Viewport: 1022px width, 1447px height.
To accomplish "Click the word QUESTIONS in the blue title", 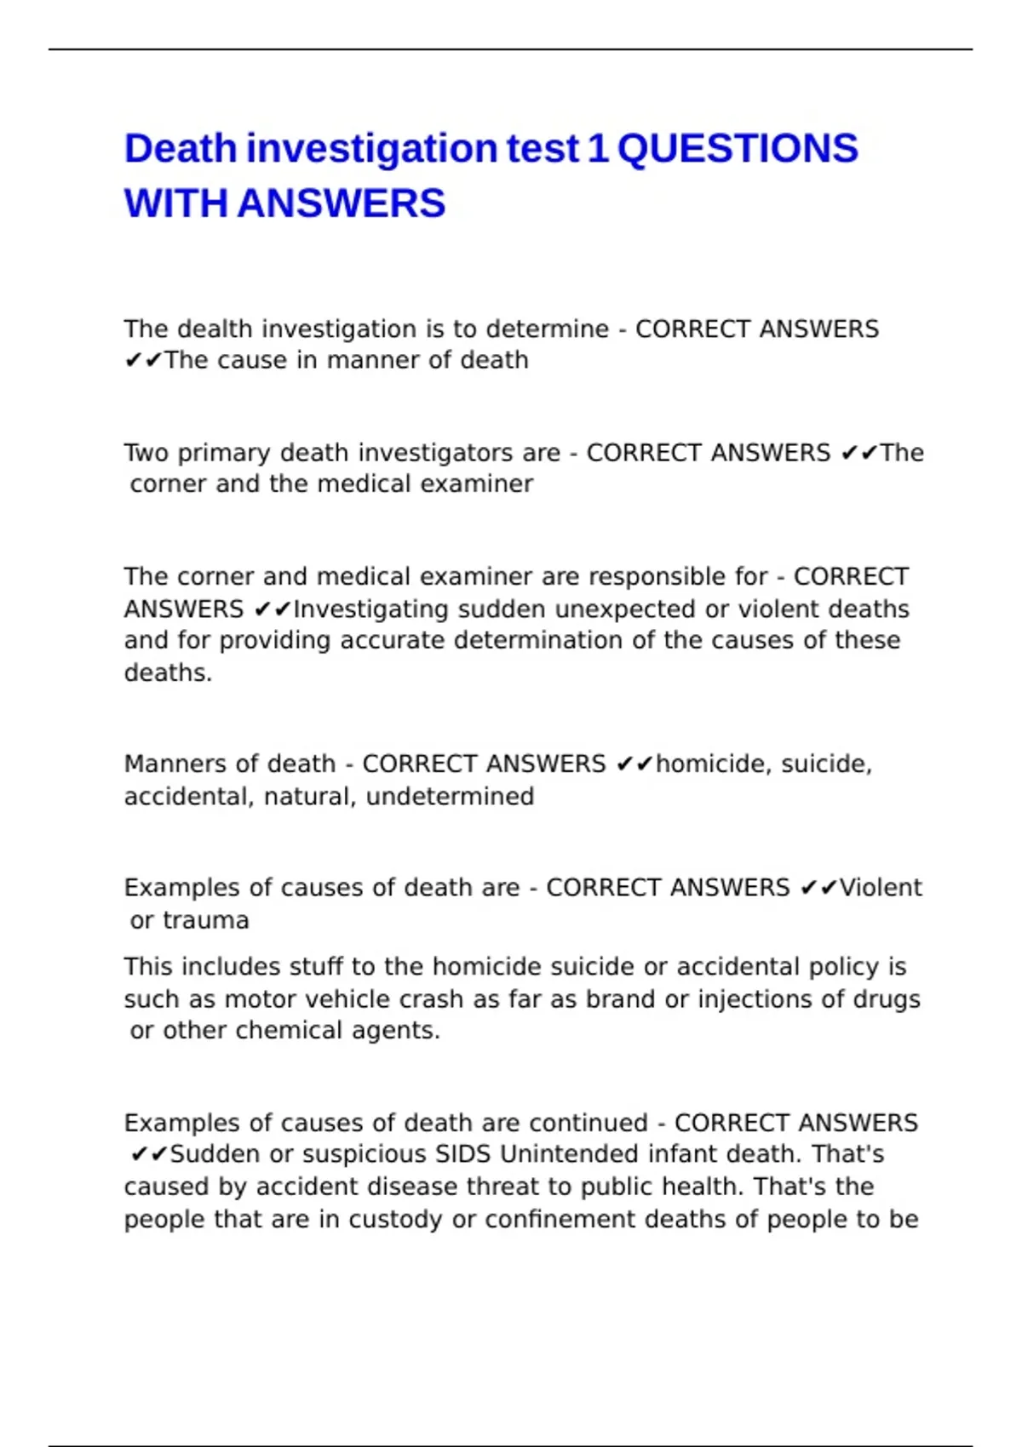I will tap(738, 149).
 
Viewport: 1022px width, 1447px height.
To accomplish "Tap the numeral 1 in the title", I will tap(598, 149).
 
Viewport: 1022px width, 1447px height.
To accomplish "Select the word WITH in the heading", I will tap(176, 204).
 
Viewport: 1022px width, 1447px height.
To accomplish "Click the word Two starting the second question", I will tap(146, 453).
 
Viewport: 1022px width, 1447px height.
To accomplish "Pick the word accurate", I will tap(392, 640).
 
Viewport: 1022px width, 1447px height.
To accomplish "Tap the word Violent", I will tap(881, 888).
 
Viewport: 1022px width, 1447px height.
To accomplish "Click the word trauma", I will tap(206, 920).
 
